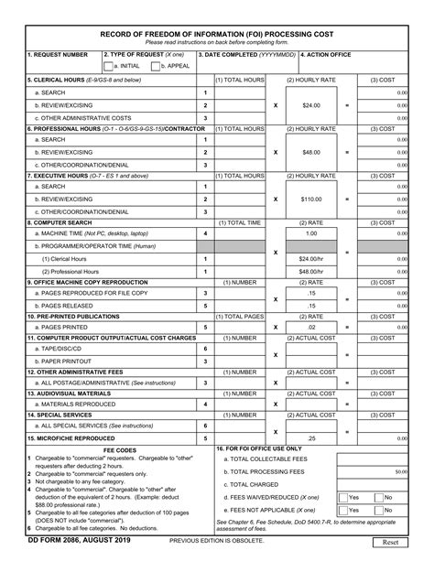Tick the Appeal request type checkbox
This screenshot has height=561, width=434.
[156, 67]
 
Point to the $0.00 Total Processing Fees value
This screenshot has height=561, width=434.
[400, 471]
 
